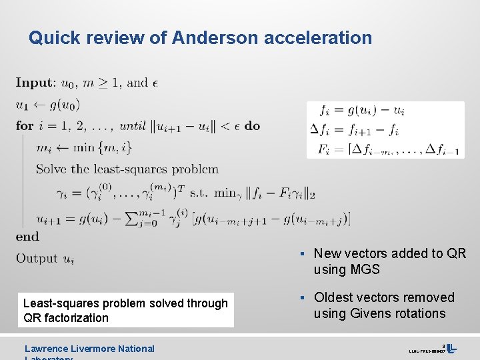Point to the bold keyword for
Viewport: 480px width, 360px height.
pos(25,125)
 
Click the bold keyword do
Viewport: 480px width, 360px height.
pos(253,125)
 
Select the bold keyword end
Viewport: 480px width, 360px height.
pos(28,236)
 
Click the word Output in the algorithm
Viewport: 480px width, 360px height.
pos(37,258)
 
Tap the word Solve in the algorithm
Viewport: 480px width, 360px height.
pos(51,169)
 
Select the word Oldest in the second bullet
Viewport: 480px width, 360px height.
pos(335,297)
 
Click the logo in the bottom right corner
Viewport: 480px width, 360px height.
pos(451,348)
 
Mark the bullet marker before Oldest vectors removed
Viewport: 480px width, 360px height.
pos(303,297)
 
